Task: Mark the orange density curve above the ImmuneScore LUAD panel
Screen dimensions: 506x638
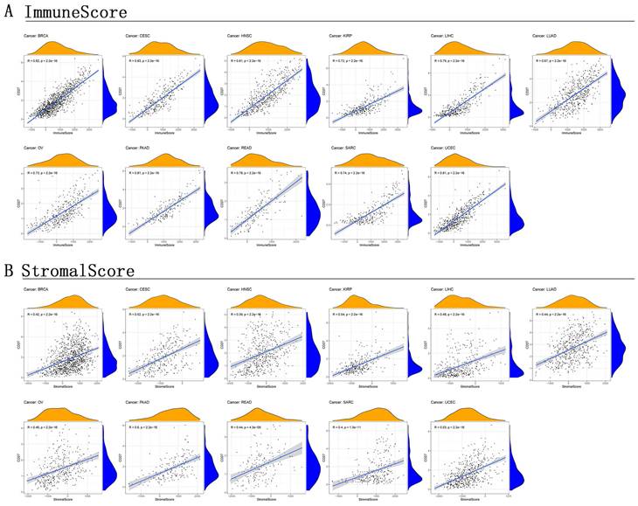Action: coord(572,46)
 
